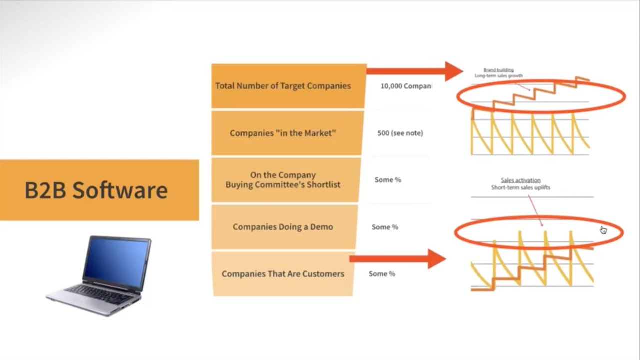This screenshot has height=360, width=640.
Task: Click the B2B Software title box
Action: click(x=99, y=190)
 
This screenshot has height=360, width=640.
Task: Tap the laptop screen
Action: click(x=117, y=259)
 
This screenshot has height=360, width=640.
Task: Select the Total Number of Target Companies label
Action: click(x=283, y=86)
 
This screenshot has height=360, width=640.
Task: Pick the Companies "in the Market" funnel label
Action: click(x=283, y=133)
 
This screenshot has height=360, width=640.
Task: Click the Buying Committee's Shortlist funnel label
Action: click(x=283, y=180)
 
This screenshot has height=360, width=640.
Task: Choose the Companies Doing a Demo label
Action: click(x=283, y=227)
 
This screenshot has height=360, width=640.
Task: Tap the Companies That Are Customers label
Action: click(x=283, y=274)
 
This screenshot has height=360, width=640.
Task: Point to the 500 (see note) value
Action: click(x=400, y=133)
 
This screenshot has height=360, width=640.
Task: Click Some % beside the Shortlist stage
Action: click(x=388, y=180)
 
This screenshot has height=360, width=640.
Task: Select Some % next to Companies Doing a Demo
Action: click(x=385, y=227)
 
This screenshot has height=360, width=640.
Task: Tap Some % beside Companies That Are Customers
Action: click(x=382, y=274)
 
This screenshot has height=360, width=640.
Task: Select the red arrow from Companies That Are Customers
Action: click(x=397, y=258)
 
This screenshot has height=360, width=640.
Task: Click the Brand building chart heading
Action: click(x=498, y=70)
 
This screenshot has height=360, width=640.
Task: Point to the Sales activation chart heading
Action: click(x=520, y=180)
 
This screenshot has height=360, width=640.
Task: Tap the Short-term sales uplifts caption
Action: click(x=520, y=188)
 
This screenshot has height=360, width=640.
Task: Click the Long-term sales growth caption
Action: click(x=499, y=76)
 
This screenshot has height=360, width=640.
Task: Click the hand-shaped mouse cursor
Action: click(x=603, y=230)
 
